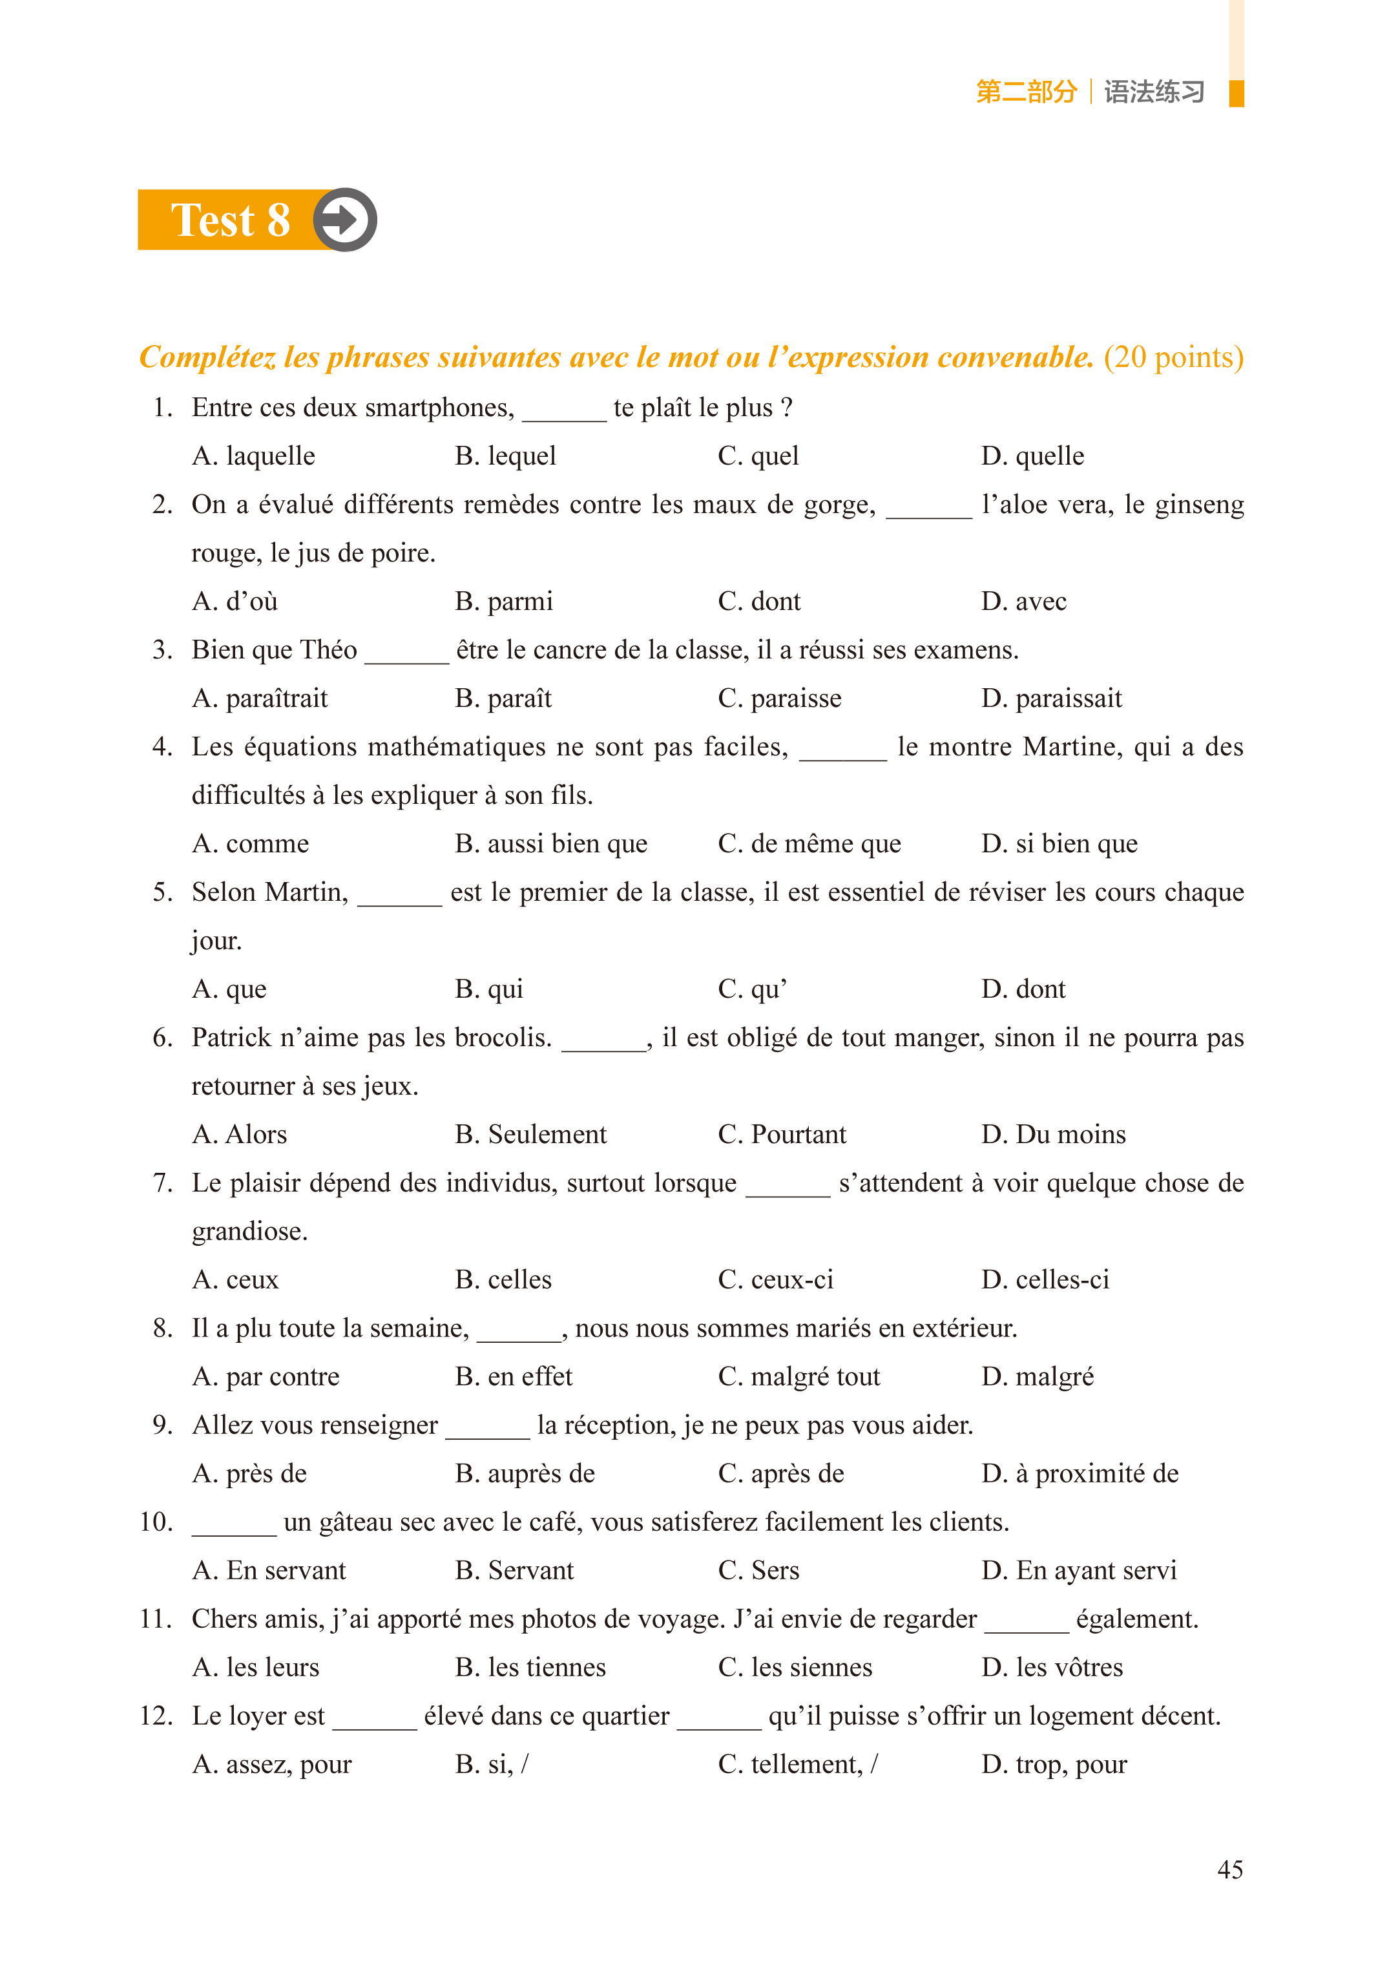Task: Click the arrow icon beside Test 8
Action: pyautogui.click(x=344, y=220)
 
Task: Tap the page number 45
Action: pyautogui.click(x=1229, y=1869)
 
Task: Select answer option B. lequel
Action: pyautogui.click(x=505, y=456)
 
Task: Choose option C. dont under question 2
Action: pyautogui.click(x=758, y=601)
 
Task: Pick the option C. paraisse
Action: pyautogui.click(x=779, y=698)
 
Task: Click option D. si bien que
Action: pyautogui.click(x=1059, y=844)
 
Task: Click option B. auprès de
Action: pyautogui.click(x=525, y=1474)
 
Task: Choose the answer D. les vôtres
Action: pyautogui.click(x=1051, y=1667)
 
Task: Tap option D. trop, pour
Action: pyautogui.click(x=1054, y=1765)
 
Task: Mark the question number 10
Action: pyautogui.click(x=156, y=1522)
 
